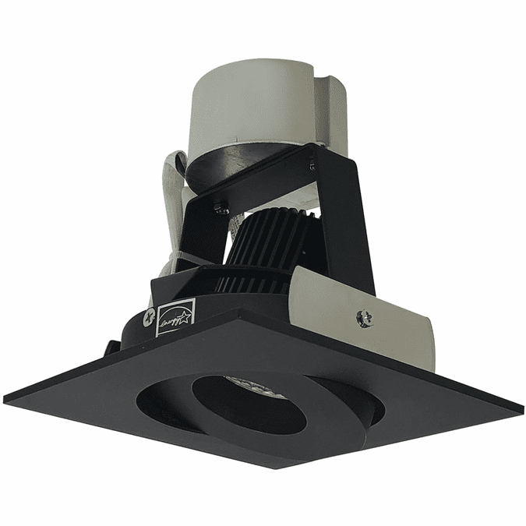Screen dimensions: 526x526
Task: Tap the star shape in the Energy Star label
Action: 184,312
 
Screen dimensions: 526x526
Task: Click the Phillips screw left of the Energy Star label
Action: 145,316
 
